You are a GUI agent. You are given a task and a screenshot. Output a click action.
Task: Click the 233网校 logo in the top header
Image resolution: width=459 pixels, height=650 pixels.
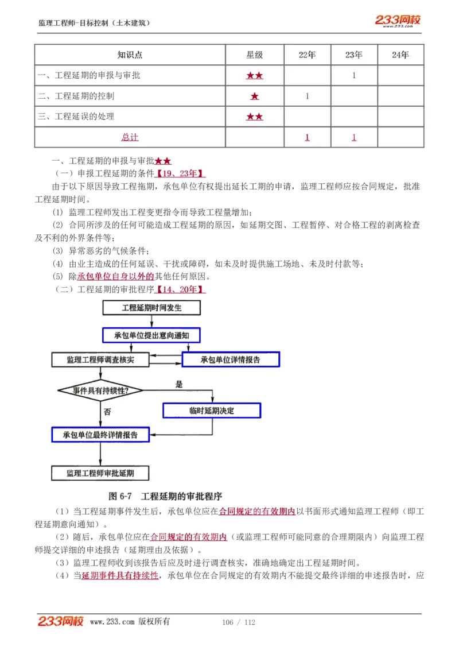pyautogui.click(x=398, y=21)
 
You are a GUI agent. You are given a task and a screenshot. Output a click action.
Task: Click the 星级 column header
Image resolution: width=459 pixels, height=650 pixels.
pyautogui.click(x=254, y=55)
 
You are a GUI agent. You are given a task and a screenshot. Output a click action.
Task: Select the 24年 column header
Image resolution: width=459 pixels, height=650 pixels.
pyautogui.click(x=400, y=55)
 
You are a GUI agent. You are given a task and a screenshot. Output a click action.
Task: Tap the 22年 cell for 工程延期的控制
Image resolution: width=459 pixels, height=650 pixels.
pyautogui.click(x=307, y=96)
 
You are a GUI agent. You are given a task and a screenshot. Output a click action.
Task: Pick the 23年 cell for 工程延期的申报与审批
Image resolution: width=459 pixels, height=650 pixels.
pyautogui.click(x=354, y=75)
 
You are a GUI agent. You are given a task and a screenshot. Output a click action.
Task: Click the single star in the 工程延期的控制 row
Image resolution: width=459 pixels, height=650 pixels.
pyautogui.click(x=254, y=96)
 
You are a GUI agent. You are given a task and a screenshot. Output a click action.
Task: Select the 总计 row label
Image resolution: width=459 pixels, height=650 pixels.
pyautogui.click(x=130, y=137)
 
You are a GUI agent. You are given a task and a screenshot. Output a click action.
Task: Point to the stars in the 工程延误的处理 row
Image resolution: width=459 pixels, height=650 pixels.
pyautogui.click(x=254, y=117)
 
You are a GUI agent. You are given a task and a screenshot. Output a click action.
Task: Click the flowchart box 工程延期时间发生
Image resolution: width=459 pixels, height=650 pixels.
pyautogui.click(x=151, y=308)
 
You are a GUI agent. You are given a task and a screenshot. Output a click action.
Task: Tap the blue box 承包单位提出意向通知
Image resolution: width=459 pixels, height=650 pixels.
pyautogui.click(x=151, y=335)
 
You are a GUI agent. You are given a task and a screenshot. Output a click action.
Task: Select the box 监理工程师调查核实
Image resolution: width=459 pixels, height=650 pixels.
pyautogui.click(x=100, y=360)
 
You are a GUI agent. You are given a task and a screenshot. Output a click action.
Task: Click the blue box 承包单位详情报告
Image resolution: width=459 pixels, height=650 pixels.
pyautogui.click(x=230, y=360)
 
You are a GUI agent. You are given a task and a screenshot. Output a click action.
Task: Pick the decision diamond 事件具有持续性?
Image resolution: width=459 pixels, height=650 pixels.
pyautogui.click(x=100, y=390)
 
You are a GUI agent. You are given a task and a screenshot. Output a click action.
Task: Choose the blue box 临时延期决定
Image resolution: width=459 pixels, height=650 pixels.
pyautogui.click(x=211, y=411)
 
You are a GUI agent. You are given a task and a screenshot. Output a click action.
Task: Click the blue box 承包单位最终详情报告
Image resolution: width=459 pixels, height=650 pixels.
pyautogui.click(x=100, y=435)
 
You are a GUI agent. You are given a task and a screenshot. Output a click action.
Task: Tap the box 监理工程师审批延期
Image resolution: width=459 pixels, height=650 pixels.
pyautogui.click(x=100, y=473)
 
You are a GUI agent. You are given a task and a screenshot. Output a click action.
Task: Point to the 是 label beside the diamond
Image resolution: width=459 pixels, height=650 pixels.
pyautogui.click(x=179, y=384)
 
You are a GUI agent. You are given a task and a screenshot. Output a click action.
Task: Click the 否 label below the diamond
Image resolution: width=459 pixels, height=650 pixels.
pyautogui.click(x=107, y=412)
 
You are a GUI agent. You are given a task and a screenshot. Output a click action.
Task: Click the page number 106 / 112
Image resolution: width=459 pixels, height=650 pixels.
pyautogui.click(x=238, y=622)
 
